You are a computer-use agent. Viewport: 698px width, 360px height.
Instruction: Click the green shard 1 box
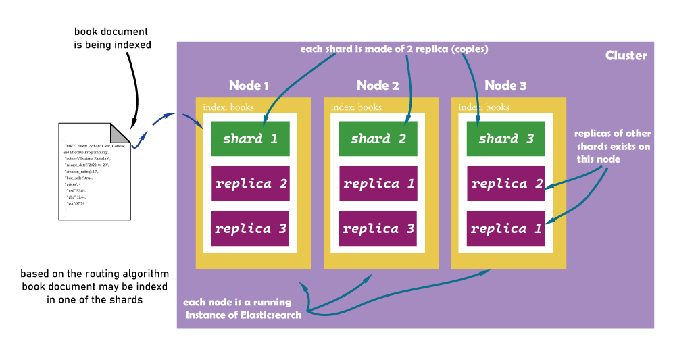pyautogui.click(x=250, y=138)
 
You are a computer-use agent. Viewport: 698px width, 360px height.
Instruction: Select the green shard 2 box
pyautogui.click(x=378, y=138)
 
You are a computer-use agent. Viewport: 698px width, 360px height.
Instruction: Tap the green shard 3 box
pyautogui.click(x=505, y=138)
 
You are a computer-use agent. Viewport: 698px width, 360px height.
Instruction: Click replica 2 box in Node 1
pyautogui.click(x=250, y=184)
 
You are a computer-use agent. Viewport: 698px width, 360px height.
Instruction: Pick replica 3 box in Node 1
pyautogui.click(x=250, y=228)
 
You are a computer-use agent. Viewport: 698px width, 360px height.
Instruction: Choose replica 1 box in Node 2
pyautogui.click(x=378, y=184)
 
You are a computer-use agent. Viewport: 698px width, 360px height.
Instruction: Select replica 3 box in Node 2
pyautogui.click(x=378, y=228)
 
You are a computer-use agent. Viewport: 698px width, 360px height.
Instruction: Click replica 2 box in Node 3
pyautogui.click(x=505, y=184)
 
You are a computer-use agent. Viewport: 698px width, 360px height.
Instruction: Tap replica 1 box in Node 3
pyautogui.click(x=505, y=228)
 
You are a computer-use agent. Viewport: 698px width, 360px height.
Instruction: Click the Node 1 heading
pyautogui.click(x=249, y=86)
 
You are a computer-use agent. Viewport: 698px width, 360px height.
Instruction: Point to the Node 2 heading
pyautogui.click(x=376, y=86)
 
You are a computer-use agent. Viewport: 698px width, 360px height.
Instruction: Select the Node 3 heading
pyautogui.click(x=505, y=86)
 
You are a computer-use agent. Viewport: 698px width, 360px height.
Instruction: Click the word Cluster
pyautogui.click(x=626, y=55)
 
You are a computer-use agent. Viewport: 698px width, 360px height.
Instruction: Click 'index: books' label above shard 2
pyautogui.click(x=356, y=107)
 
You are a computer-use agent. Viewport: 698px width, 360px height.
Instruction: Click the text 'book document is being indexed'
pyautogui.click(x=112, y=38)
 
